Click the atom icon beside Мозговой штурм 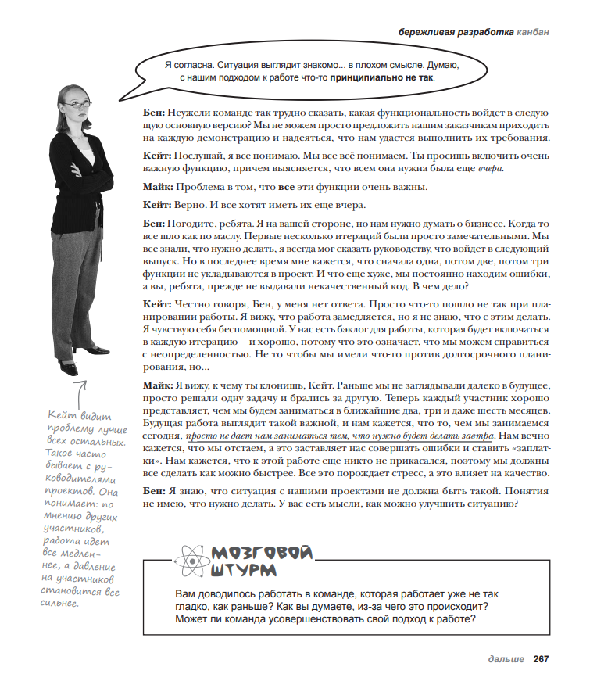pyautogui.click(x=189, y=561)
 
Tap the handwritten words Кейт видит pyautogui.click(x=72, y=415)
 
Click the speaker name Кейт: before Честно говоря pyautogui.click(x=158, y=303)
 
